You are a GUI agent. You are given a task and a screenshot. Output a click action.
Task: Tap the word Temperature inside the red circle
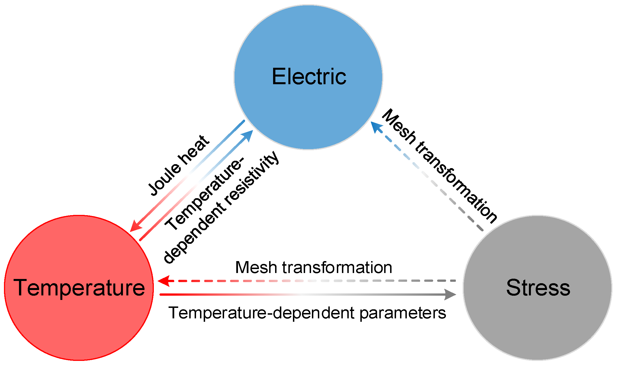(x=79, y=287)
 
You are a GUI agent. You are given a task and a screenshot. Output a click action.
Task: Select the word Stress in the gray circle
(x=538, y=287)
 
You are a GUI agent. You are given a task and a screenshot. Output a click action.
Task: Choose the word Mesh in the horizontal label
(x=256, y=267)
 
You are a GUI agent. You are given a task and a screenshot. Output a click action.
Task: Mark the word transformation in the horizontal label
(x=337, y=267)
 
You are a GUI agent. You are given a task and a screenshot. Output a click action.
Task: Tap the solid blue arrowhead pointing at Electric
(x=248, y=136)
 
